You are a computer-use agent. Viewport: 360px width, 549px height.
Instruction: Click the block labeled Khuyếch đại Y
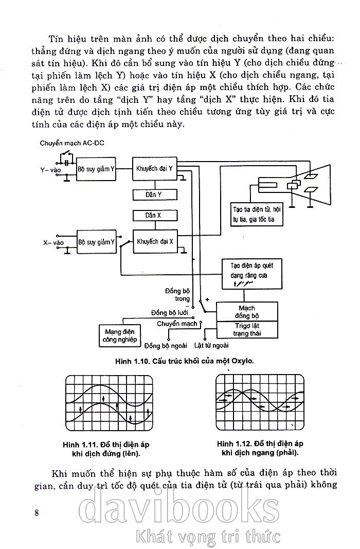tap(155, 168)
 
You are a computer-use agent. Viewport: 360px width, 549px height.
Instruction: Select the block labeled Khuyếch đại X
tap(155, 240)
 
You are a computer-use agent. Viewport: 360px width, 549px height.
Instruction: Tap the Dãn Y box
tap(154, 195)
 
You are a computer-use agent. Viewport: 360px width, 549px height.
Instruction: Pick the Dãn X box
tap(154, 215)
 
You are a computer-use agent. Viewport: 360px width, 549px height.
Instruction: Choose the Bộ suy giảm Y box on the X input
tap(97, 241)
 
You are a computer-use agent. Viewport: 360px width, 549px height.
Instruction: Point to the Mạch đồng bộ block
tap(247, 311)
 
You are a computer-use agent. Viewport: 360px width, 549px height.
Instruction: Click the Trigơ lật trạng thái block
tap(247, 330)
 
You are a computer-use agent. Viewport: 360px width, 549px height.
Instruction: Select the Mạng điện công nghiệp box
tap(119, 336)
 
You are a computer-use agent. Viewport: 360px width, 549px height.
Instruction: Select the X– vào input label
tap(52, 241)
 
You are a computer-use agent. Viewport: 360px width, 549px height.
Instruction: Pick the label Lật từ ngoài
tap(212, 345)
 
